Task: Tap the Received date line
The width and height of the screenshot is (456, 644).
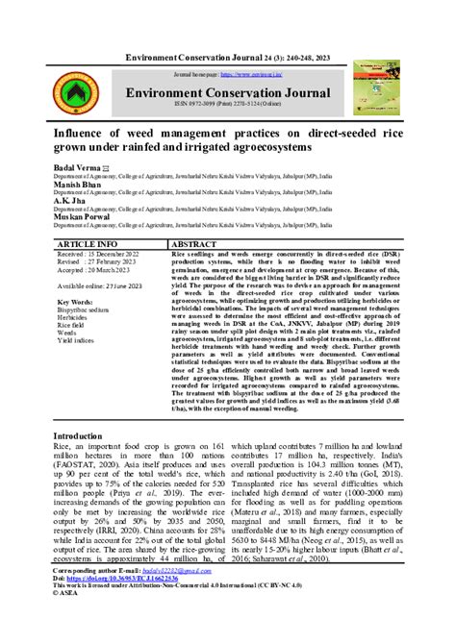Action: click(x=99, y=256)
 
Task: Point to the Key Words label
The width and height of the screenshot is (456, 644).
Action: click(x=77, y=302)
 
